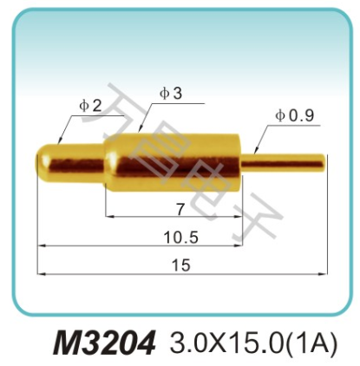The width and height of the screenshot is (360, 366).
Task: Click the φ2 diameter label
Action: pyautogui.click(x=90, y=106)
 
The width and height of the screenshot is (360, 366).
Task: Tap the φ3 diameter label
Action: pyautogui.click(x=171, y=94)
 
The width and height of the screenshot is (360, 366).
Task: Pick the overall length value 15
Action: pyautogui.click(x=180, y=266)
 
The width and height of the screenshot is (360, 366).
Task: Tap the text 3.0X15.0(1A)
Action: pyautogui.click(x=252, y=341)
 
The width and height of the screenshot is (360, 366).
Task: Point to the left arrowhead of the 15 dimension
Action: pyautogui.click(x=39, y=275)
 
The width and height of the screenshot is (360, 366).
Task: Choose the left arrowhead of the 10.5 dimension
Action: pyautogui.click(x=39, y=245)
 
